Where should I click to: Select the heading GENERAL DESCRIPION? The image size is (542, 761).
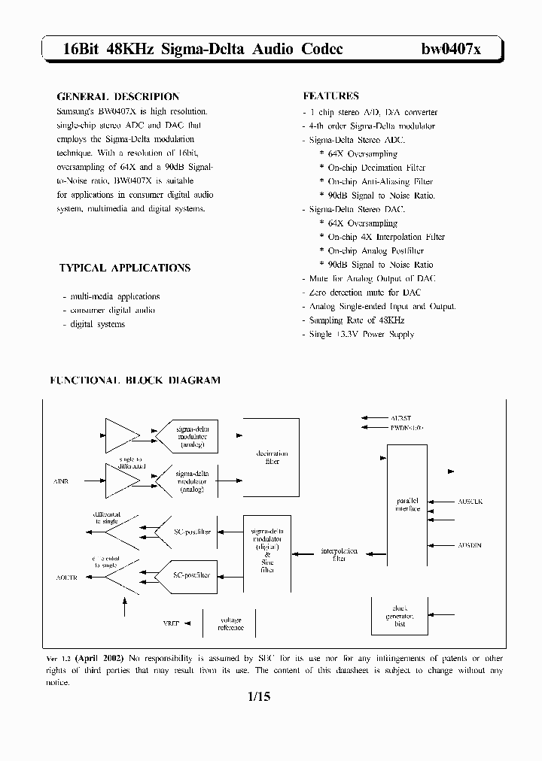coord(118,96)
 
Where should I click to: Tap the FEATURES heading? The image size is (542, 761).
coord(330,96)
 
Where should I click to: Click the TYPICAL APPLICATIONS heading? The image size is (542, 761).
coord(124,268)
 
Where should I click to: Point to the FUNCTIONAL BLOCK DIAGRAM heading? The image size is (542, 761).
coord(135,380)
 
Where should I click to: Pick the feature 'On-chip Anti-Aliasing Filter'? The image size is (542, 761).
coord(376,181)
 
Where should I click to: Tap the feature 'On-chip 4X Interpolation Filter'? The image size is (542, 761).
coord(382,237)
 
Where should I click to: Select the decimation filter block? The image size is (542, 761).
coord(272,457)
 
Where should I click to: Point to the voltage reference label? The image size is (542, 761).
coord(231,623)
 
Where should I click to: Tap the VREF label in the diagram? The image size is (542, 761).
coord(172,623)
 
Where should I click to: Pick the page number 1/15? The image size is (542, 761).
coord(257,697)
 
